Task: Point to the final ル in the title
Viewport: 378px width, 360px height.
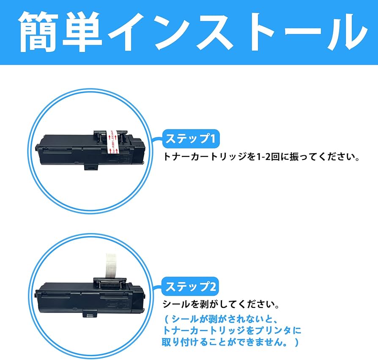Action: [x=346, y=32]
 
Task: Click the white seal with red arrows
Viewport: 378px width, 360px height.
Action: [x=113, y=137]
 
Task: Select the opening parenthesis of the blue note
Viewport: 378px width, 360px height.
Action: [x=166, y=318]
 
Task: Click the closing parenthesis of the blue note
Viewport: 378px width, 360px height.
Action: [x=296, y=342]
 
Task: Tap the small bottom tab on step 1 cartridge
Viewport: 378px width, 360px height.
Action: [x=90, y=168]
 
